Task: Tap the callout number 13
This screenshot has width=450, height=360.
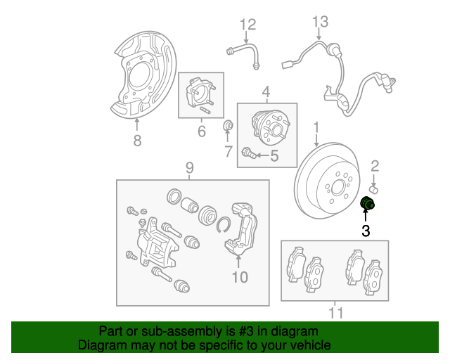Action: click(x=320, y=21)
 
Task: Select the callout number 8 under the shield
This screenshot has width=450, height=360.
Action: click(x=137, y=141)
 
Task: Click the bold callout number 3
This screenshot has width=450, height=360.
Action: click(x=366, y=230)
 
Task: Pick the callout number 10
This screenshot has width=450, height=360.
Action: click(x=240, y=277)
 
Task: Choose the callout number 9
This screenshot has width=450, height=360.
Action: click(x=189, y=167)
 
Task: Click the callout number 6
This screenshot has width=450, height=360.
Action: click(x=201, y=131)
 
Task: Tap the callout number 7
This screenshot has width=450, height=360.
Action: click(x=228, y=151)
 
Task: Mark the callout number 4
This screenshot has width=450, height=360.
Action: click(x=266, y=92)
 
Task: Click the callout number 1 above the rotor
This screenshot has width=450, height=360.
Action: click(x=316, y=127)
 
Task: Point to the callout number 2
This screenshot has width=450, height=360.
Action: click(x=375, y=166)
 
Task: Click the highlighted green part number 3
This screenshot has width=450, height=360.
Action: click(x=367, y=205)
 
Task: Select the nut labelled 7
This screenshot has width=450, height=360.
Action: click(x=228, y=126)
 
